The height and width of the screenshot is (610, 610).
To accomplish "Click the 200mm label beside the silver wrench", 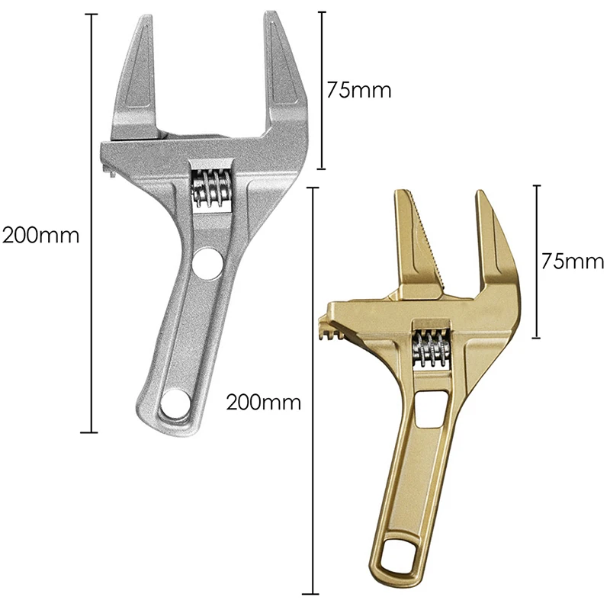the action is pyautogui.click(x=41, y=235).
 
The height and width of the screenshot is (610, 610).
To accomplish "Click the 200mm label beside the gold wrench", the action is pyautogui.click(x=264, y=403).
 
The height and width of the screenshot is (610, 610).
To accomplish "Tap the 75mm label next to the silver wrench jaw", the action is pyautogui.click(x=358, y=90).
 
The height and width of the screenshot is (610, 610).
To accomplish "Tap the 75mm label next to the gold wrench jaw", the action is pyautogui.click(x=573, y=262).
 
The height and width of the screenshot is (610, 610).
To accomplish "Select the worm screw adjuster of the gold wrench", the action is pyautogui.click(x=431, y=348).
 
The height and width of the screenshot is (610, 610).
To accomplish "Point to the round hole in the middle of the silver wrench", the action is pyautogui.click(x=207, y=264).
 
